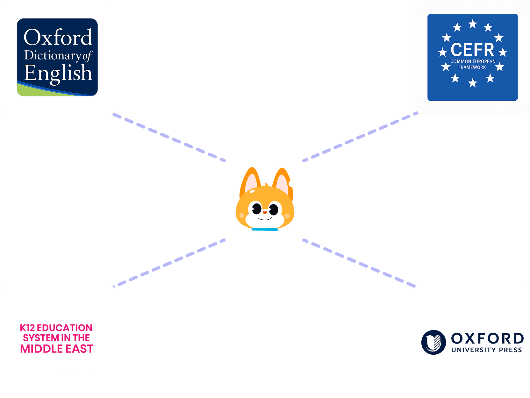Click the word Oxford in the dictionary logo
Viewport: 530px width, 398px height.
58,38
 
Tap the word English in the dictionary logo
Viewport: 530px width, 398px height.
58,73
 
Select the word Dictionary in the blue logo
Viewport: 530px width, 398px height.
53,55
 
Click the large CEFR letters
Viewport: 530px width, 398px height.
472,50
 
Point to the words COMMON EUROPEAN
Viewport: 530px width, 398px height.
473,61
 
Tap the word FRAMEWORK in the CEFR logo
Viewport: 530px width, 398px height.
472,68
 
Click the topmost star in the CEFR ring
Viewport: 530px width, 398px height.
473,24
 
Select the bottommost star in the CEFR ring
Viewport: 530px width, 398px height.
473,83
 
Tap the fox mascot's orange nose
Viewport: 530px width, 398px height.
265,212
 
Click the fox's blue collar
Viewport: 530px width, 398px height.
265,229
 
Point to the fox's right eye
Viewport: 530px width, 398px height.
273,210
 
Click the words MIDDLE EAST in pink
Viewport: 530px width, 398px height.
57,349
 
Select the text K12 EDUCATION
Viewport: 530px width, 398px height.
56,328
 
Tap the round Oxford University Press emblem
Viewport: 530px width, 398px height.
433,342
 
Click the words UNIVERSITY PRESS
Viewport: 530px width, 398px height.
486,350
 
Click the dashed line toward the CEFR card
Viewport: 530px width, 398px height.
360,137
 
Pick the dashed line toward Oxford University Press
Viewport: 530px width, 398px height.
360,264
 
